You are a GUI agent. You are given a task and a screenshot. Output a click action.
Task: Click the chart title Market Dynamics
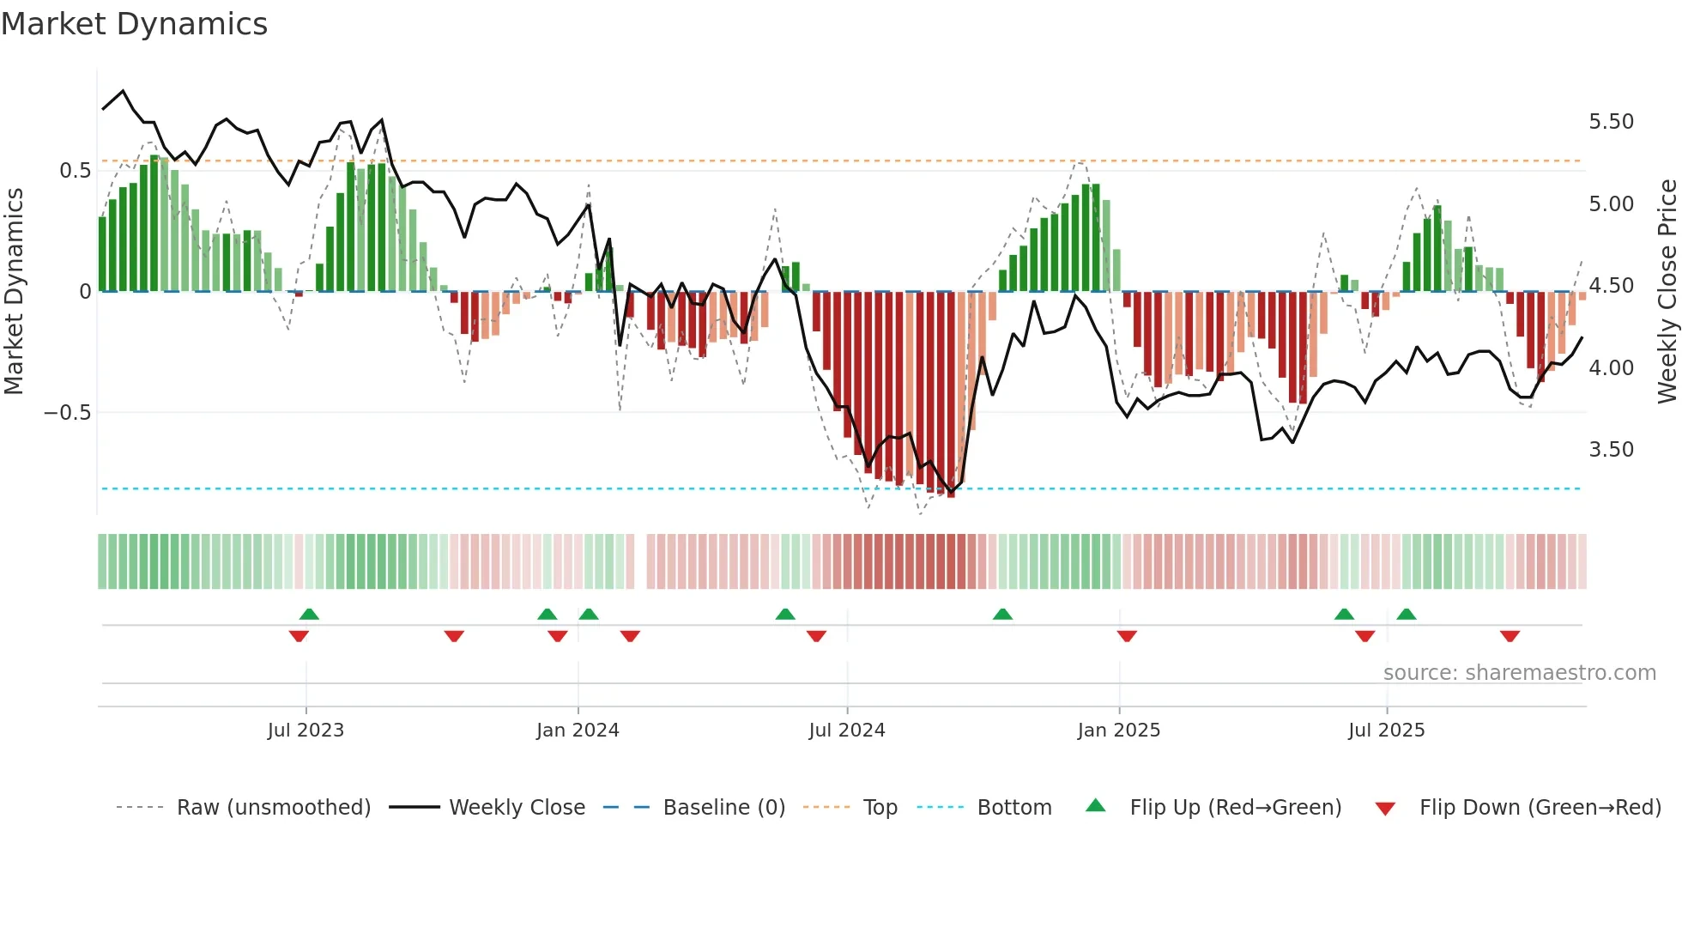134,24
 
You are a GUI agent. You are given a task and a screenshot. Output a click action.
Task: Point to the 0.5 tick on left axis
75,171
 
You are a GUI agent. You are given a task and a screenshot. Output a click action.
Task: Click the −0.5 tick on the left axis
67,413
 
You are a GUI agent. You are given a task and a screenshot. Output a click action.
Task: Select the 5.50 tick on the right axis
1611,122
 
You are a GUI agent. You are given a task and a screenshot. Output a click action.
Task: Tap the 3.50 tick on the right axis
1611,450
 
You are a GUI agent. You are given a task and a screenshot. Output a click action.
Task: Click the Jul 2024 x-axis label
846,731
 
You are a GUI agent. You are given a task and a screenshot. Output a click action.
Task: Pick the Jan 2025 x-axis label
1118,731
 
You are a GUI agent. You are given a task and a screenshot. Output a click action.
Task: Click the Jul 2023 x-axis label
306,731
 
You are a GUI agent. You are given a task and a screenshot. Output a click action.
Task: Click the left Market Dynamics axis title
14,292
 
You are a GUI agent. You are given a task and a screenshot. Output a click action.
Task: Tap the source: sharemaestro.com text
1519,673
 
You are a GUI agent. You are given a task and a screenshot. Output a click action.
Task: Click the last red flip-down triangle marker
1510,636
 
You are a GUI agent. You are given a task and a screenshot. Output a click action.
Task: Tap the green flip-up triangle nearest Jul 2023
309,614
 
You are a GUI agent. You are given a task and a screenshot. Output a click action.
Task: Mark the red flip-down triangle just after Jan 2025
1127,636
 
